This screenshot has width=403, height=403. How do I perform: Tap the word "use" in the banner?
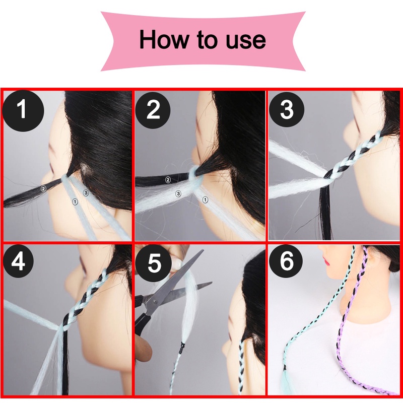point(245,41)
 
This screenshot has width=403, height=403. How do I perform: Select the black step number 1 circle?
point(23,111)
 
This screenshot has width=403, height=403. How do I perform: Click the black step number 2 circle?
point(153,110)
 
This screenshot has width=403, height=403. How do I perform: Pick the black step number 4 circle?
point(19,261)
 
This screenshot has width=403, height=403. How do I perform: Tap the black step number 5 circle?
point(154,263)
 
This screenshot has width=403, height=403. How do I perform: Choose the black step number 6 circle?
point(286,261)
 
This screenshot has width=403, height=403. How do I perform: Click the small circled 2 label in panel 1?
point(43,188)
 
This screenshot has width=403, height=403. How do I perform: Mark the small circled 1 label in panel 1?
point(75,202)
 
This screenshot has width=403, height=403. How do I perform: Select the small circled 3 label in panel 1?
point(86,193)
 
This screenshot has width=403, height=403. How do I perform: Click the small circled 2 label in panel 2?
point(168,180)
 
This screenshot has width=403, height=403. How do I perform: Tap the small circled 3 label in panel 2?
point(178,193)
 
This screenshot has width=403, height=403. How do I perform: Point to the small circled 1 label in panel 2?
point(205,199)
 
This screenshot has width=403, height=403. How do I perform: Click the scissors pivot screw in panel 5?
point(155,301)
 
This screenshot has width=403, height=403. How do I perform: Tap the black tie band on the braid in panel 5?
point(182,347)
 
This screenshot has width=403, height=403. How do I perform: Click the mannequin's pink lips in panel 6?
point(325,262)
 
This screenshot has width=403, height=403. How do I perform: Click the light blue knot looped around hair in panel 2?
point(194,175)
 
